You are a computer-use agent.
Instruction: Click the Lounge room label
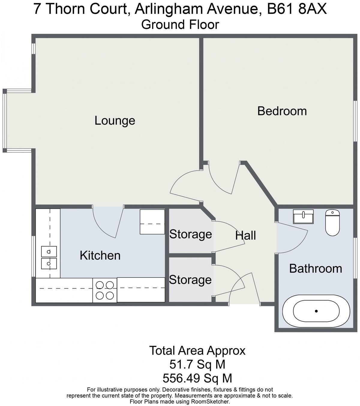click(115, 121)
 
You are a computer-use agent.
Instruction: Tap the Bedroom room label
click(282, 111)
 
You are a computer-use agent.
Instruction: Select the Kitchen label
click(100, 256)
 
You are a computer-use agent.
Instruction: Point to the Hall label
click(245, 236)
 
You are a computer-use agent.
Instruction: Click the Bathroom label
click(315, 268)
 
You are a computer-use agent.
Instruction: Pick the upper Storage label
click(190, 234)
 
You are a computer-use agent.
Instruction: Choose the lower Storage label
click(190, 280)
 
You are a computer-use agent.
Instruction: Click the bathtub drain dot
click(316, 311)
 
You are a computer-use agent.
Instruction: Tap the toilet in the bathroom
click(332, 223)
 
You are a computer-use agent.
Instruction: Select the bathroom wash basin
click(303, 217)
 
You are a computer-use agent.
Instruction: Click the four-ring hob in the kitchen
click(105, 290)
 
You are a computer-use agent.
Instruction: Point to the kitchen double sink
click(49, 257)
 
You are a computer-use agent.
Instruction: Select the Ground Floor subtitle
click(180, 25)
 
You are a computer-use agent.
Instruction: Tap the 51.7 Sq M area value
click(197, 365)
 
